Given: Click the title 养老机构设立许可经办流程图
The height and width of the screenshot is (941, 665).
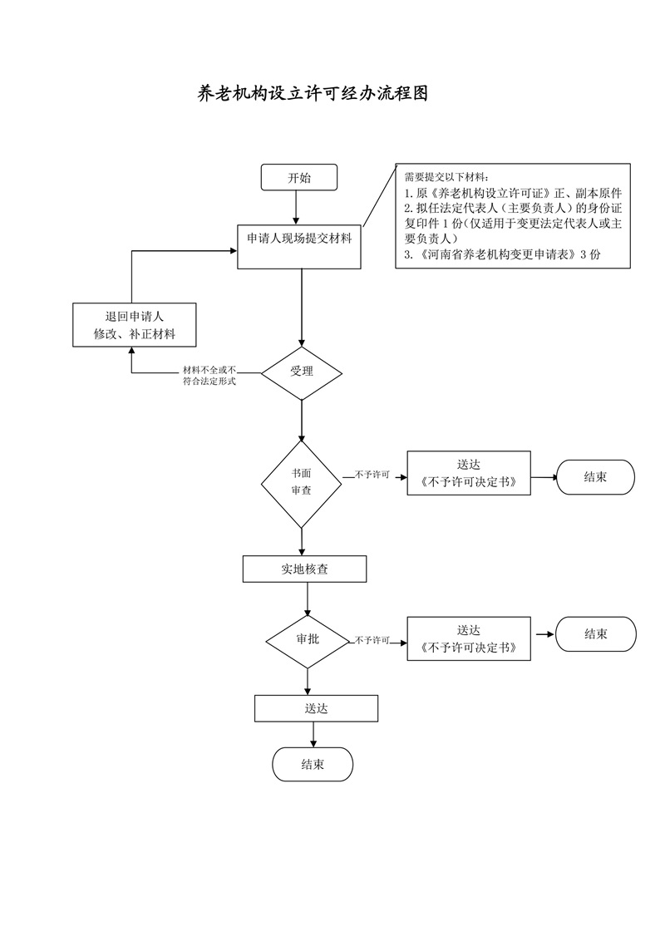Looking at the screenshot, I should click(x=313, y=94).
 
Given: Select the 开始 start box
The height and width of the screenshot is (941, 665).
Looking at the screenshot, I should click(x=299, y=178).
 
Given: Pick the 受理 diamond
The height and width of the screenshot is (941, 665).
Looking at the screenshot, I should click(x=301, y=372).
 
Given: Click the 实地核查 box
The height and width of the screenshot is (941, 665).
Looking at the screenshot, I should click(x=304, y=569).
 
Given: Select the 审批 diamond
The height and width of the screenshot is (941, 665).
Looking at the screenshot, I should click(x=307, y=640).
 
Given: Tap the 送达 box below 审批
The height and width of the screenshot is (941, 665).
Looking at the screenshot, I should click(x=316, y=708).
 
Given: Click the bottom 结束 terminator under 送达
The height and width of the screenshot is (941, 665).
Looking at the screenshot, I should click(x=313, y=765).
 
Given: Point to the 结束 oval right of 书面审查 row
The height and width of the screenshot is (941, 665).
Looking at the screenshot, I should click(x=594, y=478).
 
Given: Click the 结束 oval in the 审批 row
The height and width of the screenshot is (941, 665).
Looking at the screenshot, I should click(x=595, y=634).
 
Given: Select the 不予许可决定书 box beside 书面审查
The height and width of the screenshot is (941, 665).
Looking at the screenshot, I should click(x=468, y=474).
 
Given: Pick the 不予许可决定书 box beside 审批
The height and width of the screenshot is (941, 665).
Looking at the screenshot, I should click(x=468, y=639).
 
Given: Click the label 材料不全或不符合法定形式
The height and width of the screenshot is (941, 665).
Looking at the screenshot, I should click(x=209, y=376).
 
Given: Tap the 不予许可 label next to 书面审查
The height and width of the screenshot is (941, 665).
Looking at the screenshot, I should click(x=372, y=475).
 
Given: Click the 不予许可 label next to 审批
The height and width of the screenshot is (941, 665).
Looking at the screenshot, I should click(x=372, y=641).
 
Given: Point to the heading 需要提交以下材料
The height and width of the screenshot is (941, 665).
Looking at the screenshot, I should click(x=446, y=176).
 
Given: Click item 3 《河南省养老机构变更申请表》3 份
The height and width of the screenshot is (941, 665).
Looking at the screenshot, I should click(x=502, y=256).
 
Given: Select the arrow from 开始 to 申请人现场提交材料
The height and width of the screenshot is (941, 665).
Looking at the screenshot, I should click(x=299, y=207).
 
